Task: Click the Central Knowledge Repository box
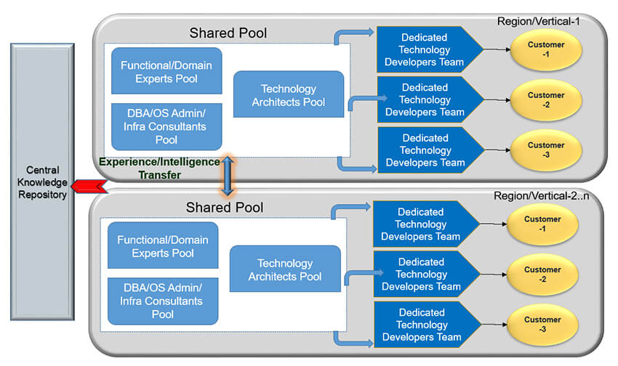click(42, 182)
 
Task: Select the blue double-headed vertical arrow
click(228, 175)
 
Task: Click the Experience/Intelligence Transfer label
click(159, 168)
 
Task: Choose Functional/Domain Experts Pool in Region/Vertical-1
click(166, 72)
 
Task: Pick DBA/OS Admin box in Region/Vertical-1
click(166, 126)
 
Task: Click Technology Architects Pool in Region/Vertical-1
click(288, 94)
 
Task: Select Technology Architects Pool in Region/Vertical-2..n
click(285, 269)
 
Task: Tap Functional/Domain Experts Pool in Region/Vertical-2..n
click(163, 247)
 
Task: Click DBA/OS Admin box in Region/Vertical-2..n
click(163, 301)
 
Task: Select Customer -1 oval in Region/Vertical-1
click(545, 50)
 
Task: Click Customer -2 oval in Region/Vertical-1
click(545, 100)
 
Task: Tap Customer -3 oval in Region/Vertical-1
click(545, 150)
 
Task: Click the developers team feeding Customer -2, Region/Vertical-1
click(425, 100)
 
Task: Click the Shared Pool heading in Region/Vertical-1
click(228, 33)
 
